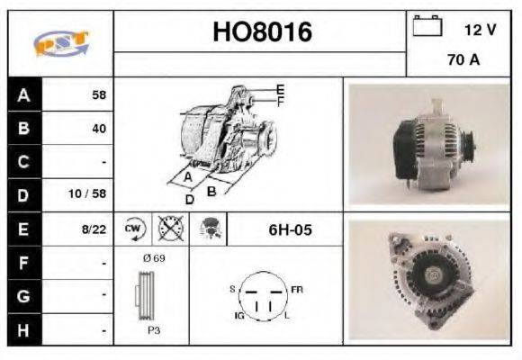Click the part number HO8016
pos(261,33)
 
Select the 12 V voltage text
pos(480,29)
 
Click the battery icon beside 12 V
pos(427,26)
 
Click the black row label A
pos(23,94)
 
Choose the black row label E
pos(23,229)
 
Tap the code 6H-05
pos(290,229)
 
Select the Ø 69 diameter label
pos(154,258)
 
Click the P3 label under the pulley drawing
pos(154,330)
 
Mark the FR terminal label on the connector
pos(296,289)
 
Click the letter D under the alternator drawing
pos(189,199)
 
